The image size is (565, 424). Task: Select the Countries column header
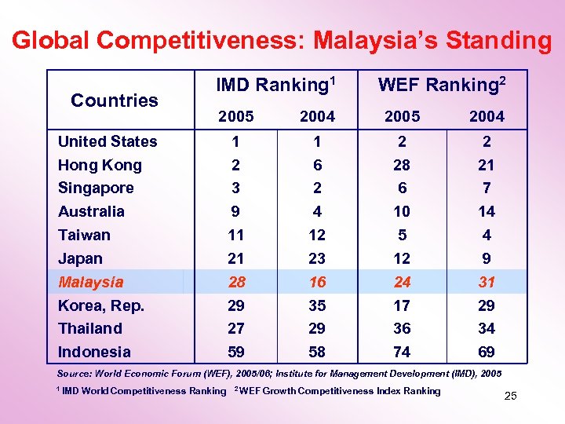[115, 100]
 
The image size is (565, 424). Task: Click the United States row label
[108, 141]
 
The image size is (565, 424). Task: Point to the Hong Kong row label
[100, 165]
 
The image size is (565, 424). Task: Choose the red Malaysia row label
[90, 281]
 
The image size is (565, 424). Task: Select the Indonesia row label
[94, 352]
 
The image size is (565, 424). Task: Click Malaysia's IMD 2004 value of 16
[317, 281]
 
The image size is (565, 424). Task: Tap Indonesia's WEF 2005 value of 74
[402, 352]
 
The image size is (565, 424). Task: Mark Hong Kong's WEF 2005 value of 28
[402, 165]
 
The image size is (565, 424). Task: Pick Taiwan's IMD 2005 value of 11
[235, 235]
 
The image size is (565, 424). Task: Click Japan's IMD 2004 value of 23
[317, 258]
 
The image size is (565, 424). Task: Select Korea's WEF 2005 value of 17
[402, 305]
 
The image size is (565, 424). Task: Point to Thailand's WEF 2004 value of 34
[487, 328]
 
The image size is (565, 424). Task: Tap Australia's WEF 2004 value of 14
[487, 211]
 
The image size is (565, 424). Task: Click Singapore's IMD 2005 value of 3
[235, 188]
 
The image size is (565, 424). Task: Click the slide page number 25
[510, 396]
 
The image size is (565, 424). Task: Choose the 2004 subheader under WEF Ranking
[487, 116]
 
